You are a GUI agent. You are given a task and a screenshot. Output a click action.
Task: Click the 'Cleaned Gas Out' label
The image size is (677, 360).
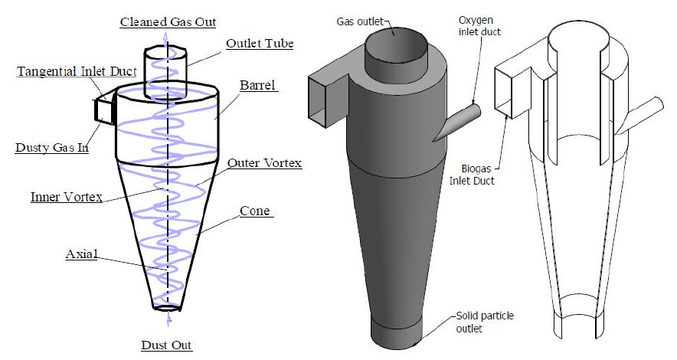168,22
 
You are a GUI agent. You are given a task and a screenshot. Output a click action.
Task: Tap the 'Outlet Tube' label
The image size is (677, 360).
260,44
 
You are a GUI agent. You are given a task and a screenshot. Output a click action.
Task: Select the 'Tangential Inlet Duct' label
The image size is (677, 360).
77,71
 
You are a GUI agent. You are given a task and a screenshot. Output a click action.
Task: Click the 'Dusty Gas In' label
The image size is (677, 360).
52,147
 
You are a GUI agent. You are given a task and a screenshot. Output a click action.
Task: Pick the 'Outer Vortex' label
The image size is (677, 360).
264,162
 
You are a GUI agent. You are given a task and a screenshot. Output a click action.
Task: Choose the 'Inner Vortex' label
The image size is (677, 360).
67,197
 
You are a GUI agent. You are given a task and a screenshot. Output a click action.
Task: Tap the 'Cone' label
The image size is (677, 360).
255,211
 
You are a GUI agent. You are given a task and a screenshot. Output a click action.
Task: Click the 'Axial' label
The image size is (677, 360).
82,254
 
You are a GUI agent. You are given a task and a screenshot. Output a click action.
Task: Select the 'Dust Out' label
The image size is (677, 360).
166,345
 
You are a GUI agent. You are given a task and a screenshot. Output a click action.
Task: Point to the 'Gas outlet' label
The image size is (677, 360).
360,21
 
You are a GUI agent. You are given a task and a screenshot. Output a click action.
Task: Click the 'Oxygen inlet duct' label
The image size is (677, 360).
479,26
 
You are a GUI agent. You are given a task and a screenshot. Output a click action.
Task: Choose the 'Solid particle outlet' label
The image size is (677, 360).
485,322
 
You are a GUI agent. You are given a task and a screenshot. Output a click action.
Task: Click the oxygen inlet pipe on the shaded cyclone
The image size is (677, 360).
456,123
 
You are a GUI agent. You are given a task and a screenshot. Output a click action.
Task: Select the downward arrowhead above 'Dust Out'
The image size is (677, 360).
168,321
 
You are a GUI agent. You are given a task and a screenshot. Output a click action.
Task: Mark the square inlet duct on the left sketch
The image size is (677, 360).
103,111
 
